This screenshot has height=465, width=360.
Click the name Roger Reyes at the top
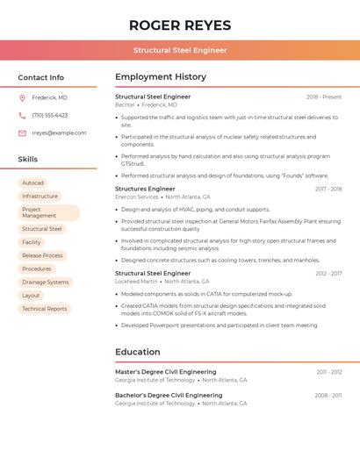pos(180,25)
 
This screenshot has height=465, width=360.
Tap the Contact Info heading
pos(41,77)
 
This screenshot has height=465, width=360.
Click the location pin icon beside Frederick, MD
pos(22,97)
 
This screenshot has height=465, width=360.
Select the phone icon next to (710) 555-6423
pos(22,115)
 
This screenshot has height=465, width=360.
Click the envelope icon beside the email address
pos(22,133)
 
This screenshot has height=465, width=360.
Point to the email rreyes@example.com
pos(59,133)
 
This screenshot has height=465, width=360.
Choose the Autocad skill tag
pos(32,183)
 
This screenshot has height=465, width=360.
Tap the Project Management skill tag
pos(48,213)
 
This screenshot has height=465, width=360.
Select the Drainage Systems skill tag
pos(45,283)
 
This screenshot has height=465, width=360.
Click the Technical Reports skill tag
pos(44,309)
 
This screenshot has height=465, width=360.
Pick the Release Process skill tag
pos(42,255)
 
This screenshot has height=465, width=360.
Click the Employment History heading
pos(161,77)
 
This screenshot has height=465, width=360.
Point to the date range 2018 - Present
pos(324,97)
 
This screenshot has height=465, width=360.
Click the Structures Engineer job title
pos(145,189)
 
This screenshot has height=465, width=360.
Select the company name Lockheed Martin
pos(136,282)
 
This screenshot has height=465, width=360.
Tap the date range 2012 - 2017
pos(329,274)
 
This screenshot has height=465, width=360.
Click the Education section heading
pos(138,352)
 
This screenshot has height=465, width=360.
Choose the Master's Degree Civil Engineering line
pos(165,372)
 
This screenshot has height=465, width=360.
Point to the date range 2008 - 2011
pos(329,396)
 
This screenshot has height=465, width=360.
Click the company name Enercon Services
pos(137,197)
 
